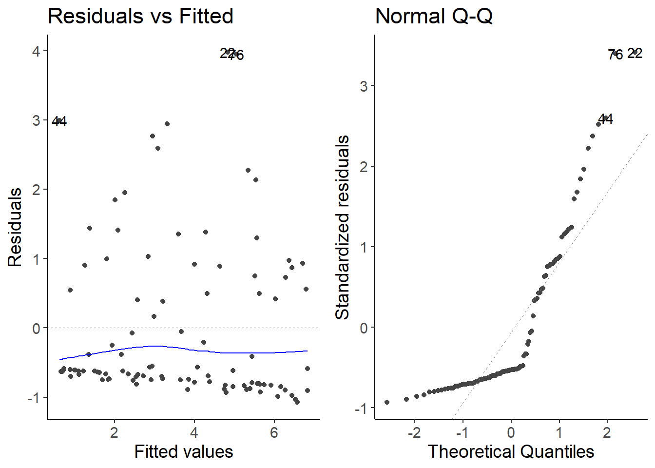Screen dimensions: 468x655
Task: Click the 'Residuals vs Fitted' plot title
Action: point(140,16)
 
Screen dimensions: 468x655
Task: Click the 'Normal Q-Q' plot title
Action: point(434,16)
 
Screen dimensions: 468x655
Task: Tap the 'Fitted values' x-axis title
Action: point(184,451)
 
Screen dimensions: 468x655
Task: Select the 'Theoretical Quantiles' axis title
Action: point(511,451)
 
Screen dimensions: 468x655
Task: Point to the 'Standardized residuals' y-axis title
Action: point(343,227)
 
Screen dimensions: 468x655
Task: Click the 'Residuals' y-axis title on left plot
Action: point(15,227)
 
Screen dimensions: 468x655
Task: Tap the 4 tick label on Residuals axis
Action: point(37,51)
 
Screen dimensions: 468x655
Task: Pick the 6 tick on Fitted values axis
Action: point(274,432)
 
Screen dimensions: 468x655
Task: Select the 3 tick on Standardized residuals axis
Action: point(364,86)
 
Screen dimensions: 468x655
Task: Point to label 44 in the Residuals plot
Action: point(59,121)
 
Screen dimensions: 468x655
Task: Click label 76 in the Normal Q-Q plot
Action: point(615,55)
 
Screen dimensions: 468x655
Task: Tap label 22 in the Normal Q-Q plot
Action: point(635,53)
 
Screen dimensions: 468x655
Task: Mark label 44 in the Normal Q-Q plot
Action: point(605,119)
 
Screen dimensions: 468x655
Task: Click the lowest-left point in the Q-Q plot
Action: point(387,402)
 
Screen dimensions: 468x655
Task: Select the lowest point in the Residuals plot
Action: point(297,402)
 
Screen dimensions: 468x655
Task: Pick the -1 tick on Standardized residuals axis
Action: point(361,409)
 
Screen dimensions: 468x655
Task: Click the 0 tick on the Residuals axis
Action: point(37,329)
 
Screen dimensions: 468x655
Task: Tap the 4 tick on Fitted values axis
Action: point(194,432)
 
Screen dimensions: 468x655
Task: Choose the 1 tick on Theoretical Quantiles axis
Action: point(559,432)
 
